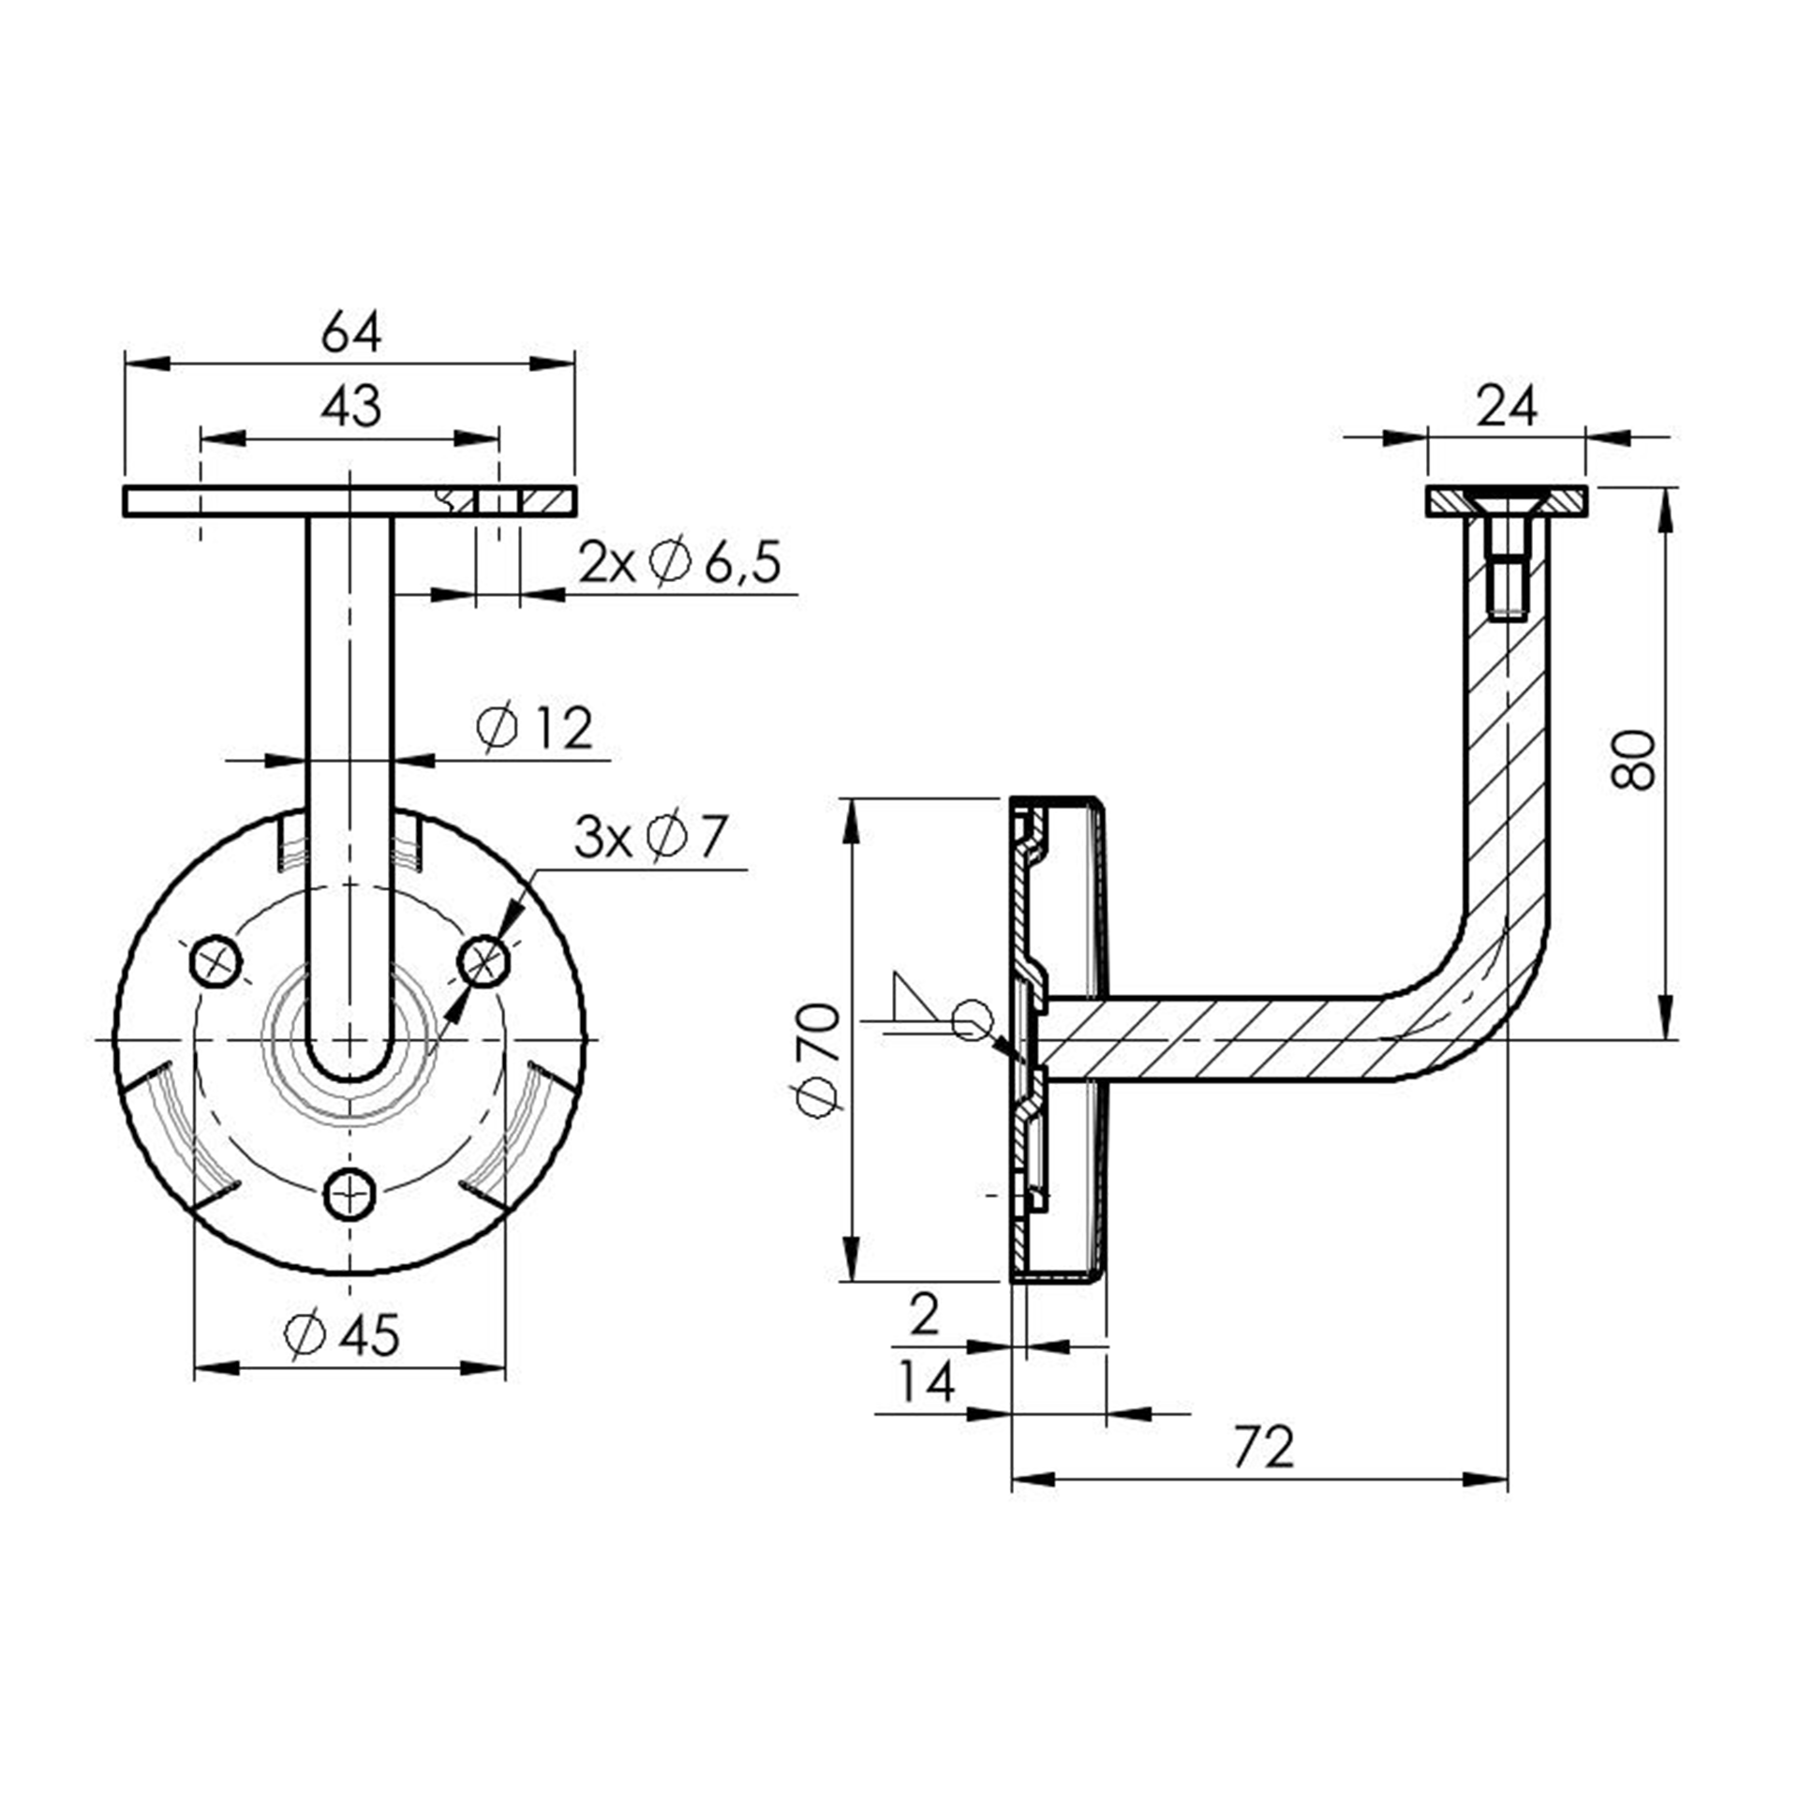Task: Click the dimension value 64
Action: coord(350,333)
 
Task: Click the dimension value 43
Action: coord(350,407)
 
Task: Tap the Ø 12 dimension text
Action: coord(535,728)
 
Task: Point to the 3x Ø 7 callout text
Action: coord(650,837)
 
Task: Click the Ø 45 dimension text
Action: coord(343,1335)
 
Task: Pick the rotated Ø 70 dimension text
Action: coord(818,1060)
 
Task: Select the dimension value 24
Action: coord(1507,407)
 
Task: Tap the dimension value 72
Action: coord(1263,1448)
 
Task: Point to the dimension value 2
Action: coord(924,1315)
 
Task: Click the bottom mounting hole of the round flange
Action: coord(350,1194)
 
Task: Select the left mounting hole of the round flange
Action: coord(216,960)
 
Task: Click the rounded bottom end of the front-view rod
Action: coord(350,1063)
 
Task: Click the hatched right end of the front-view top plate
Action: coord(548,501)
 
